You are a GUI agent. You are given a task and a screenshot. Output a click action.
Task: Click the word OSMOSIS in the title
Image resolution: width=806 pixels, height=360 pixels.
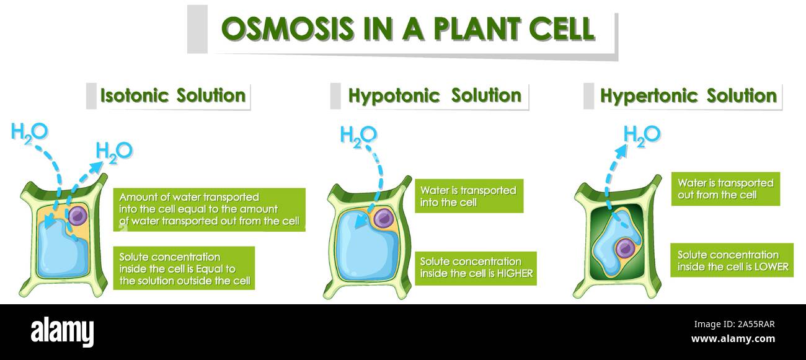click(288, 29)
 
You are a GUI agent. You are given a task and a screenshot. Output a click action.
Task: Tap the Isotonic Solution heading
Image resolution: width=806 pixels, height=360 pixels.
click(173, 95)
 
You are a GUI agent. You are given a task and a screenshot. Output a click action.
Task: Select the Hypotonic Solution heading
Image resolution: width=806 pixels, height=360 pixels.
click(435, 96)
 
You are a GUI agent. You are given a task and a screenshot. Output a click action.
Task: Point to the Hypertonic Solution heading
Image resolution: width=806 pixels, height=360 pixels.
click(688, 96)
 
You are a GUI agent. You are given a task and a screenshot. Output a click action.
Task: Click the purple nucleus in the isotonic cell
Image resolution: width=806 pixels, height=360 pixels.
click(77, 216)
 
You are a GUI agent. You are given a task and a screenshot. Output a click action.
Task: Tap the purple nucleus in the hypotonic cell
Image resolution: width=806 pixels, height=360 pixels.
click(383, 218)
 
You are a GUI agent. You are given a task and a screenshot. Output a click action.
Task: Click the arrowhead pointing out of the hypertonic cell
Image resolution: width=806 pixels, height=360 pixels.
click(621, 151)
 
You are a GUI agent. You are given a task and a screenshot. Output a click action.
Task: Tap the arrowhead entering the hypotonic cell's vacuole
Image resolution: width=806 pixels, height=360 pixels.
click(361, 222)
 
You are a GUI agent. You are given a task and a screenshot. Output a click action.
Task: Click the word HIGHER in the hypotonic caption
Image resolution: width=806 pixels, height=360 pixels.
click(515, 274)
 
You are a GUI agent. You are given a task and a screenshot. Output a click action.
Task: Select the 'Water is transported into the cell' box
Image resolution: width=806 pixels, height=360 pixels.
click(469, 196)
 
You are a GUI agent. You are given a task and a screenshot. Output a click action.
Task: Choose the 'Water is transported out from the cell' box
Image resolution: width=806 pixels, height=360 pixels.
click(725, 189)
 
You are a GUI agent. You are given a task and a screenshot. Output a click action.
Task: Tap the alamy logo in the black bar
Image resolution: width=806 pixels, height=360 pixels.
click(62, 331)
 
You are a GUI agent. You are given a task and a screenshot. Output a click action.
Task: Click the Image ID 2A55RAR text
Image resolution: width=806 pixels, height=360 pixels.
click(734, 325)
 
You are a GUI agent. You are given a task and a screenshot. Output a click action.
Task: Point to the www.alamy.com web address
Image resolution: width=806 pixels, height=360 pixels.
click(733, 339)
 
